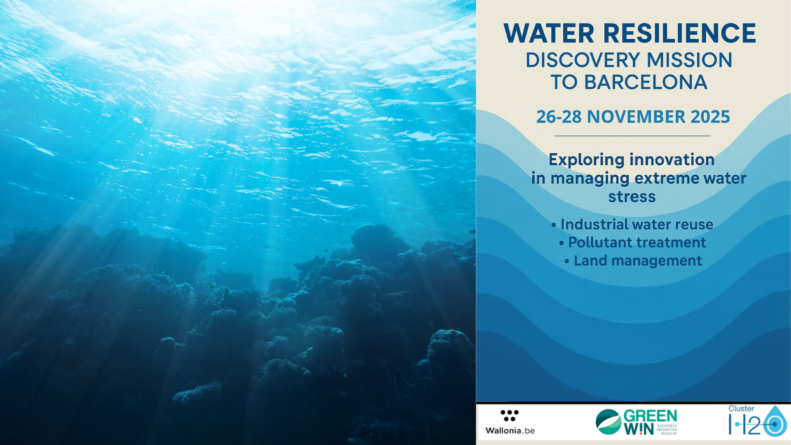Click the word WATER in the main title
tap(549, 33)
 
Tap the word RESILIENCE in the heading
tap(680, 33)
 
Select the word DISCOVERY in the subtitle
tap(583, 60)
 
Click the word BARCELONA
tap(646, 82)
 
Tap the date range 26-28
tap(559, 117)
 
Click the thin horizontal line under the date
tap(632, 136)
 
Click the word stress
tap(632, 197)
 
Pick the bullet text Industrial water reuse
tap(637, 225)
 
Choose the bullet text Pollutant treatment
tap(637, 243)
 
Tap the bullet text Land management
tap(638, 261)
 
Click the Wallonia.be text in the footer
tap(510, 431)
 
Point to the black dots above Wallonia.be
tap(510, 415)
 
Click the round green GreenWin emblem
tap(608, 422)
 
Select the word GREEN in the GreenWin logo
tap(651, 416)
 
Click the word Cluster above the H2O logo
tap(741, 409)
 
